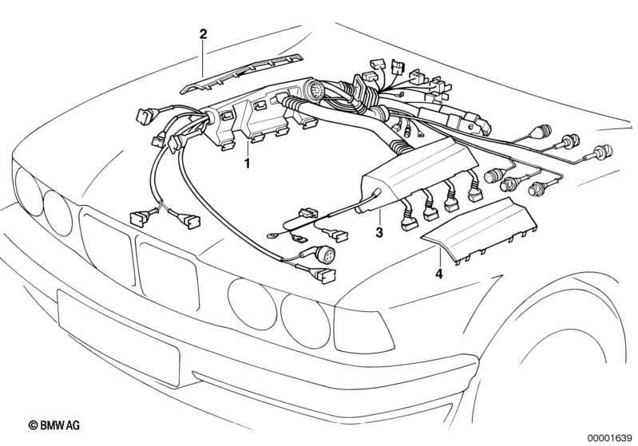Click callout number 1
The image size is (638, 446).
click(247, 164)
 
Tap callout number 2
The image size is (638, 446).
click(203, 34)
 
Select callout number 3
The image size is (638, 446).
click(380, 233)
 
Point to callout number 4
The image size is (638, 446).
click(438, 275)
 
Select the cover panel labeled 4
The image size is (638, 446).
click(479, 227)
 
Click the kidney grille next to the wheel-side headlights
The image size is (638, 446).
click(168, 272)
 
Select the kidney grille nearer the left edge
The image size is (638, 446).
click(108, 247)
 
